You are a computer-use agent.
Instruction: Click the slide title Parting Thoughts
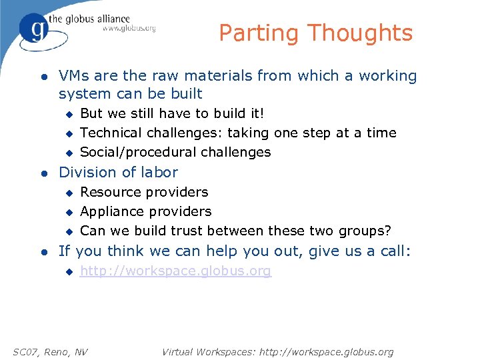pyautogui.click(x=315, y=33)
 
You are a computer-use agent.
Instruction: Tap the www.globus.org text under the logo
pyautogui.click(x=129, y=29)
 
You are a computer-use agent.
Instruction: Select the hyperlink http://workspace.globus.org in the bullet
pyautogui.click(x=175, y=271)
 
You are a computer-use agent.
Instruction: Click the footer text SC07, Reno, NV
pyautogui.click(x=51, y=351)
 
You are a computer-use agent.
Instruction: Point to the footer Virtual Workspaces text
pyautogui.click(x=277, y=351)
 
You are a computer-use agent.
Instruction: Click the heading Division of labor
pyautogui.click(x=118, y=172)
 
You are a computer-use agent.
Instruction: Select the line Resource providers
pyautogui.click(x=144, y=192)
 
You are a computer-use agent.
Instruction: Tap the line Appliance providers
pyautogui.click(x=145, y=211)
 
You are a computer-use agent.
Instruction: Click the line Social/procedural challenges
pyautogui.click(x=175, y=152)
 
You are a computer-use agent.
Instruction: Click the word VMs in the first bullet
pyautogui.click(x=72, y=76)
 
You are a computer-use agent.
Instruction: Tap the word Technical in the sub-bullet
pyautogui.click(x=111, y=133)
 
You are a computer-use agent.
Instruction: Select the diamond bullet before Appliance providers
pyautogui.click(x=67, y=212)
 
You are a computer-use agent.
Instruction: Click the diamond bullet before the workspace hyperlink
pyautogui.click(x=67, y=272)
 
